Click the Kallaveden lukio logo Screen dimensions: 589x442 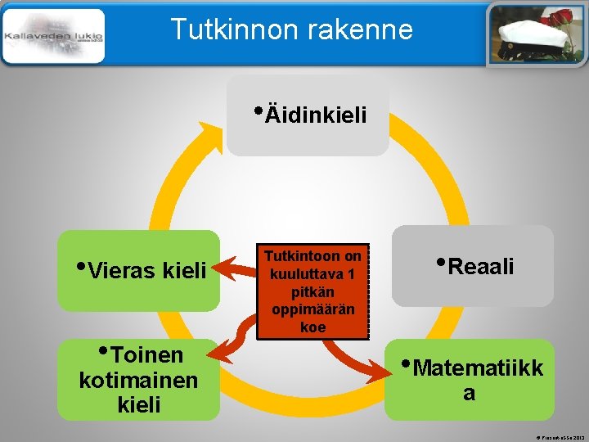53,36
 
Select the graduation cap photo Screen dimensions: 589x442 537,34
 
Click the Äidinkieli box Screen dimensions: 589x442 308,116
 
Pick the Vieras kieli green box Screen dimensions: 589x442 139,270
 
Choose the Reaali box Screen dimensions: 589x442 472,266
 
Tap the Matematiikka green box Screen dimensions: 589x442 471,379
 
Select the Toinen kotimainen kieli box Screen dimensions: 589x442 139,379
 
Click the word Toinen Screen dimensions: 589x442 146,355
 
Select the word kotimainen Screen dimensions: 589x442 138,380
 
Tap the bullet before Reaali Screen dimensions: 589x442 442,263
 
